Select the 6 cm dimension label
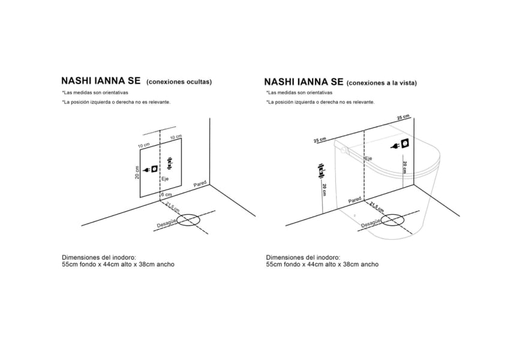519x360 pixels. click(166, 195)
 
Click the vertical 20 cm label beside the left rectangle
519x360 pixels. click(137, 173)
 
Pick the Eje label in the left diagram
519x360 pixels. click(165, 179)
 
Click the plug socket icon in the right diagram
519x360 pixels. click(403, 145)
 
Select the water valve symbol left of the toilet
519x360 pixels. click(322, 170)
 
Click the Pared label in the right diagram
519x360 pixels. click(355, 199)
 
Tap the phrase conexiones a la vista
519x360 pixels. click(382, 83)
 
